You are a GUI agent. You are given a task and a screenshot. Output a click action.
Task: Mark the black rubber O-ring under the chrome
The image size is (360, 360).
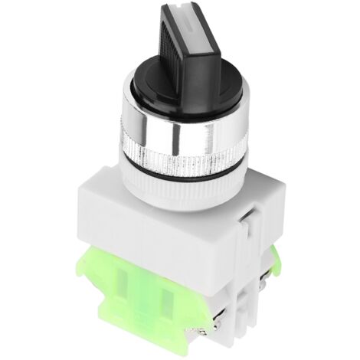(184, 178)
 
